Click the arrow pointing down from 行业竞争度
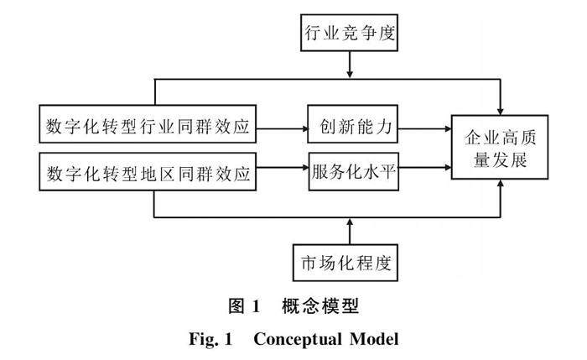tap(350, 65)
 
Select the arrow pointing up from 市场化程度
tap(350, 231)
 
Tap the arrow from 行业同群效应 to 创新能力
tap(282, 129)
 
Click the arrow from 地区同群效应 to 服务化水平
tap(283, 168)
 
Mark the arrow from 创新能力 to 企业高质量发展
tap(424, 129)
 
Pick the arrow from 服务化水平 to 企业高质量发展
tap(425, 168)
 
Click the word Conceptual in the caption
tap(298, 339)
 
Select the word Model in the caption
tap(374, 339)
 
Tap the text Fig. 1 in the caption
tap(210, 339)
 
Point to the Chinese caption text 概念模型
tap(320, 306)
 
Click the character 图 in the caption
tap(237, 306)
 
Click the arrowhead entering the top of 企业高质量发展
tap(500, 112)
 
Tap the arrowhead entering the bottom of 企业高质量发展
tap(500, 183)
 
